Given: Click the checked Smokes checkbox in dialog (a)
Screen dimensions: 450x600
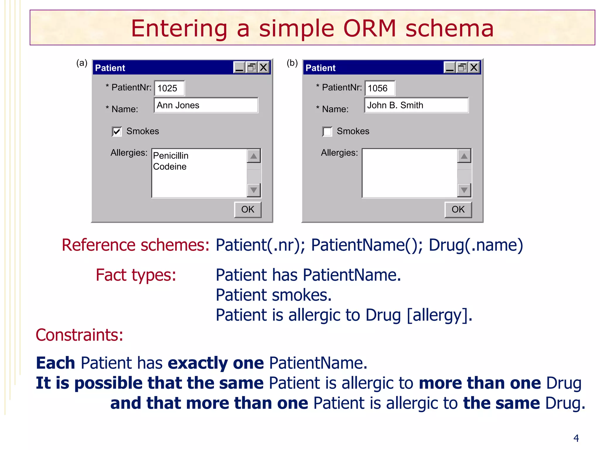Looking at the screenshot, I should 117,132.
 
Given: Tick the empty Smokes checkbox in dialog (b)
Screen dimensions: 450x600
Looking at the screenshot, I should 327,132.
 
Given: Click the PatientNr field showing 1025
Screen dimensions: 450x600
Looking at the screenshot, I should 169,88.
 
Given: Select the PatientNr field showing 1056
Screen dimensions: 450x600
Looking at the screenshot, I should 380,88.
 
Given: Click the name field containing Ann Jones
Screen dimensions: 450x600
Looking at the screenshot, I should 206,105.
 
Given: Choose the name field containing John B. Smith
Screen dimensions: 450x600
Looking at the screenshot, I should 416,105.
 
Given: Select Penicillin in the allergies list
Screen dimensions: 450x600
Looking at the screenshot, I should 171,156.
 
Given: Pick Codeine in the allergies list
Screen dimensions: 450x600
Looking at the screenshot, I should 170,167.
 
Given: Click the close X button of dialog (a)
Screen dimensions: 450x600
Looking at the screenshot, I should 264,68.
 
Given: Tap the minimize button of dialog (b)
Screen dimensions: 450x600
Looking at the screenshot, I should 450,68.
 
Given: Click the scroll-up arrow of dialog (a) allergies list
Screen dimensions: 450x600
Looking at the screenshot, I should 254,156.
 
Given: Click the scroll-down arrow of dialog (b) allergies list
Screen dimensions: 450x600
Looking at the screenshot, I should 464,190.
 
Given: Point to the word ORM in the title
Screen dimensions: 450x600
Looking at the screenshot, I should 369,29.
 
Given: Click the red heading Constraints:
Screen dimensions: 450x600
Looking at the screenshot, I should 79,335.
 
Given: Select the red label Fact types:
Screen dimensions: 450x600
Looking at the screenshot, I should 136,275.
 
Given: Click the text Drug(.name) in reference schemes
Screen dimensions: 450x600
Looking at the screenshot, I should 476,245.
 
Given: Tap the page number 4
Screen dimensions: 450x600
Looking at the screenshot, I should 576,438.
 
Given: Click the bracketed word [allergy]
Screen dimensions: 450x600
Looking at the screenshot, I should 439,315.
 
